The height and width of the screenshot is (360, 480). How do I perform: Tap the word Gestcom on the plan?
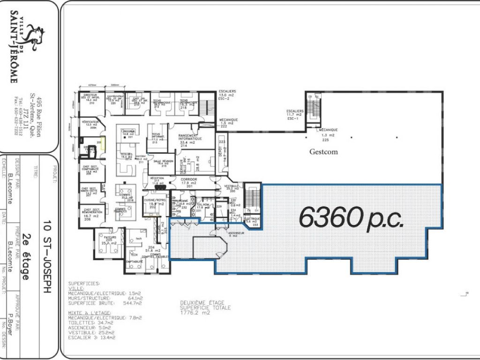(x=323, y=152)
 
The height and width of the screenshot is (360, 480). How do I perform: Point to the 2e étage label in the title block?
(x=28, y=257)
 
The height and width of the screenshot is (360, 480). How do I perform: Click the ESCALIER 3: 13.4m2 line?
(x=91, y=337)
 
